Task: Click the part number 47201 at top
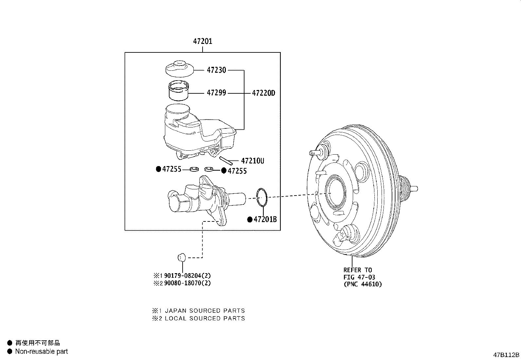(x=203, y=42)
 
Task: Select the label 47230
(x=216, y=70)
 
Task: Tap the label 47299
(x=216, y=93)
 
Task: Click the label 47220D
(x=263, y=93)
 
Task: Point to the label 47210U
(x=252, y=161)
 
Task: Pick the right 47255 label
(x=237, y=171)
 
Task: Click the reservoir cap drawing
(x=179, y=68)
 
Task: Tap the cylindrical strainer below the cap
(x=179, y=90)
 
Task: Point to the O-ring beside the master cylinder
(x=262, y=198)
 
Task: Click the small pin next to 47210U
(x=226, y=161)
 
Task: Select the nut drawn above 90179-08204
(x=182, y=257)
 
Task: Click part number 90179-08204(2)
(x=187, y=276)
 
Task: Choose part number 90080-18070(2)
(x=187, y=283)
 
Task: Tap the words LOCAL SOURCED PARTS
(x=205, y=318)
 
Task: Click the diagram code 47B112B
(x=506, y=355)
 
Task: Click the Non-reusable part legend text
(x=42, y=352)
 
